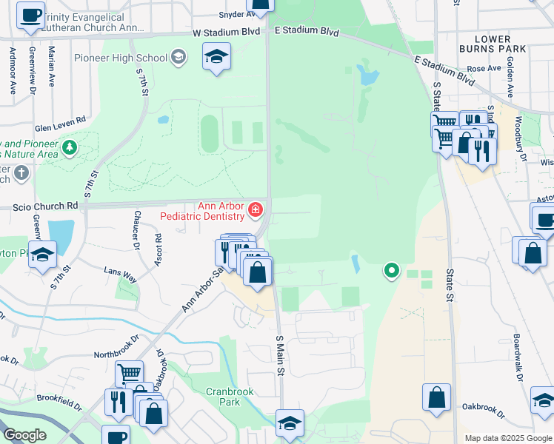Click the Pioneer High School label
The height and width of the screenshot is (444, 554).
(x=120, y=58)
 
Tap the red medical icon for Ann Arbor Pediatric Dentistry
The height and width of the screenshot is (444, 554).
(x=256, y=211)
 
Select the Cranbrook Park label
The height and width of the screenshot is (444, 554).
(x=223, y=396)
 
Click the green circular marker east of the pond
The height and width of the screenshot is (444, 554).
(x=390, y=271)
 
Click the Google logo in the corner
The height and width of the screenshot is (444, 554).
(x=24, y=434)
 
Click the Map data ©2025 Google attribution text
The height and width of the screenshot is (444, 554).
(x=507, y=438)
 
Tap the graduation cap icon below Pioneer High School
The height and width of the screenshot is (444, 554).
(x=216, y=57)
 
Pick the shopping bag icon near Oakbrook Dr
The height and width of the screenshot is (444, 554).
(x=437, y=397)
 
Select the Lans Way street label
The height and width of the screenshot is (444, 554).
(x=120, y=275)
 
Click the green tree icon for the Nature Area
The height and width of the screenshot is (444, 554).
(x=70, y=148)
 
